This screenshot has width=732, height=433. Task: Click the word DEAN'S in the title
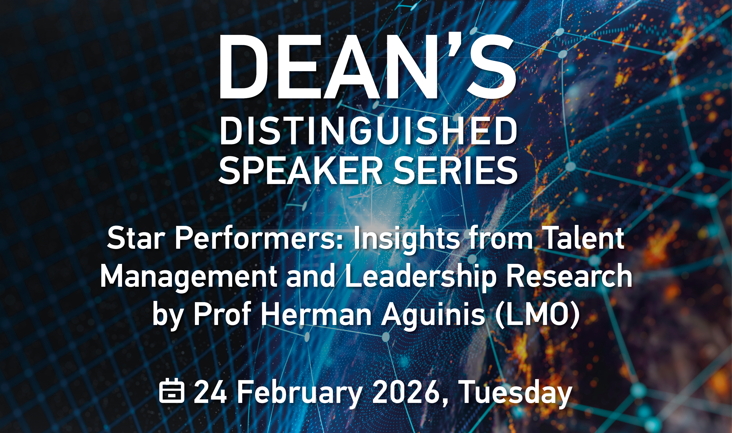tap(367, 67)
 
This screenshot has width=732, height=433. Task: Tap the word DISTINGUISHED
tap(368, 131)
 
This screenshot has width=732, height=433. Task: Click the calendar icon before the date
tap(172, 391)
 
